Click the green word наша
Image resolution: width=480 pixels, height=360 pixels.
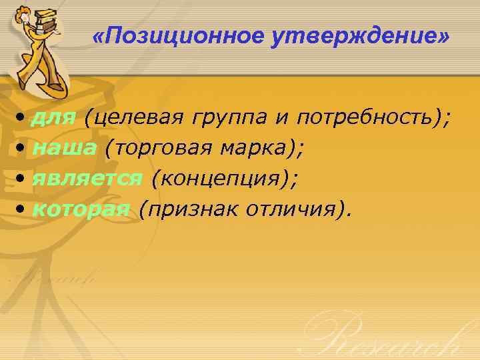tap(64, 148)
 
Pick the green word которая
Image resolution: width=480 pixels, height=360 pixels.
tap(80, 209)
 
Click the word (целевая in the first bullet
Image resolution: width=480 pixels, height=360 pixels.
tap(133, 118)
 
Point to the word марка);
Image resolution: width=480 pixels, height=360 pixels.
tap(259, 148)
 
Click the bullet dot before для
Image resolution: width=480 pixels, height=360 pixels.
tap(22, 119)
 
